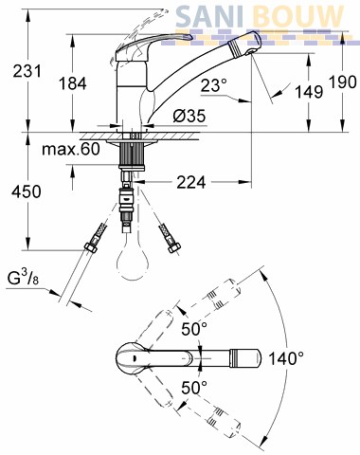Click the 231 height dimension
(x=27, y=71)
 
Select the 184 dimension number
(x=73, y=83)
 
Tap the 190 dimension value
(x=343, y=82)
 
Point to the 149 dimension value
(x=309, y=92)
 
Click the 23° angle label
(x=214, y=85)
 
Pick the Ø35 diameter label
(x=189, y=116)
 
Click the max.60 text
(x=71, y=149)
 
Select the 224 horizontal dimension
(x=190, y=182)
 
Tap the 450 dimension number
(x=27, y=191)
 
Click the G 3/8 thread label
(x=23, y=279)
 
